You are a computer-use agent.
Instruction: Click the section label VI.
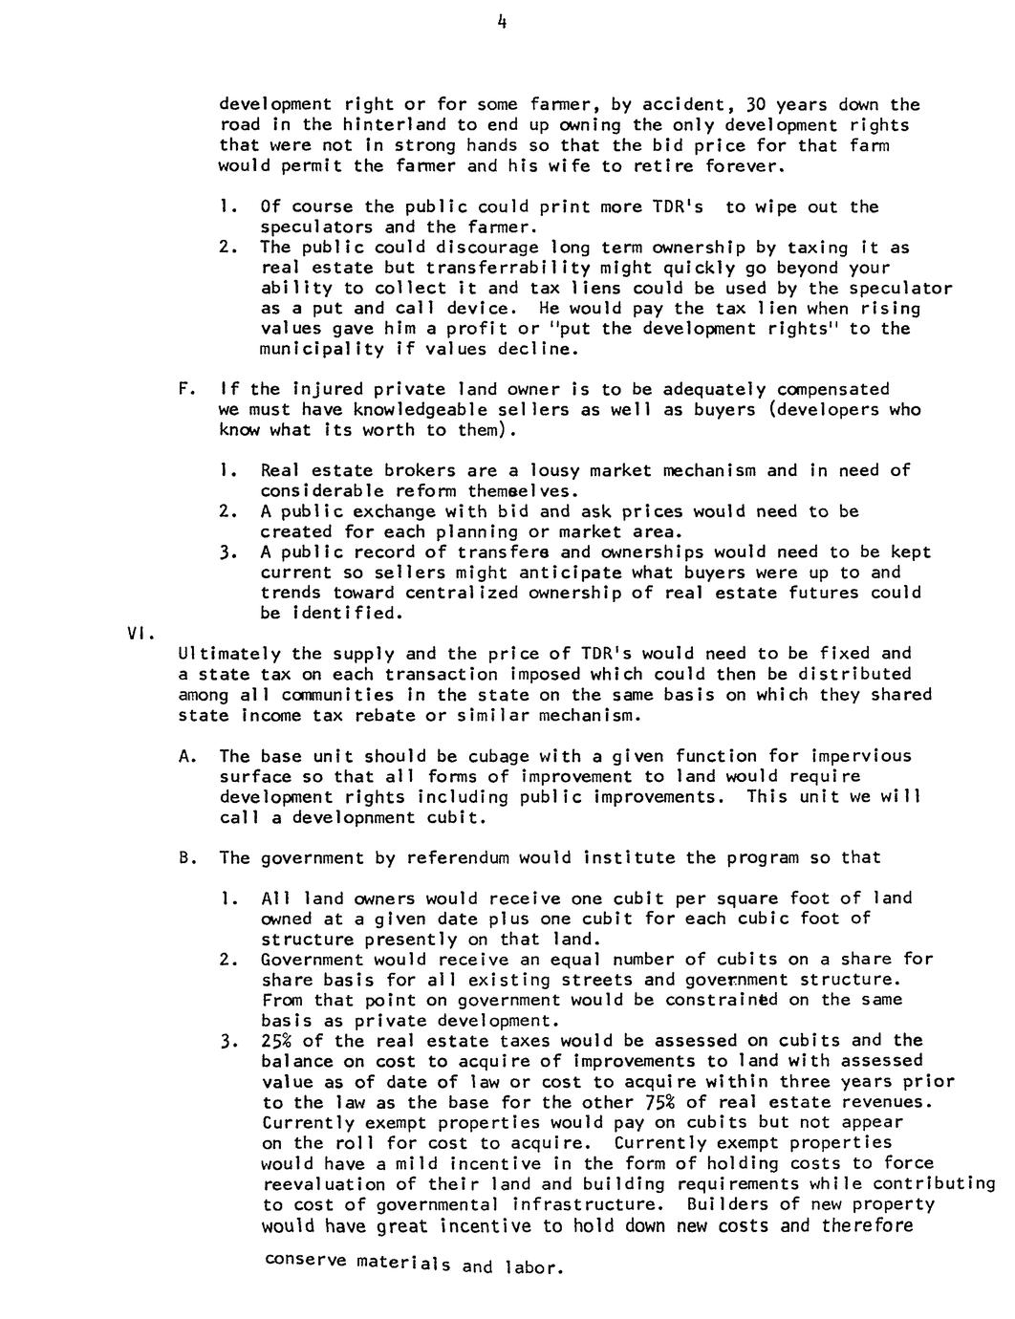click(x=136, y=632)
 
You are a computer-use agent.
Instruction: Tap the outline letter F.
click(x=184, y=389)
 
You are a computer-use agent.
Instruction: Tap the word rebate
click(x=390, y=716)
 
